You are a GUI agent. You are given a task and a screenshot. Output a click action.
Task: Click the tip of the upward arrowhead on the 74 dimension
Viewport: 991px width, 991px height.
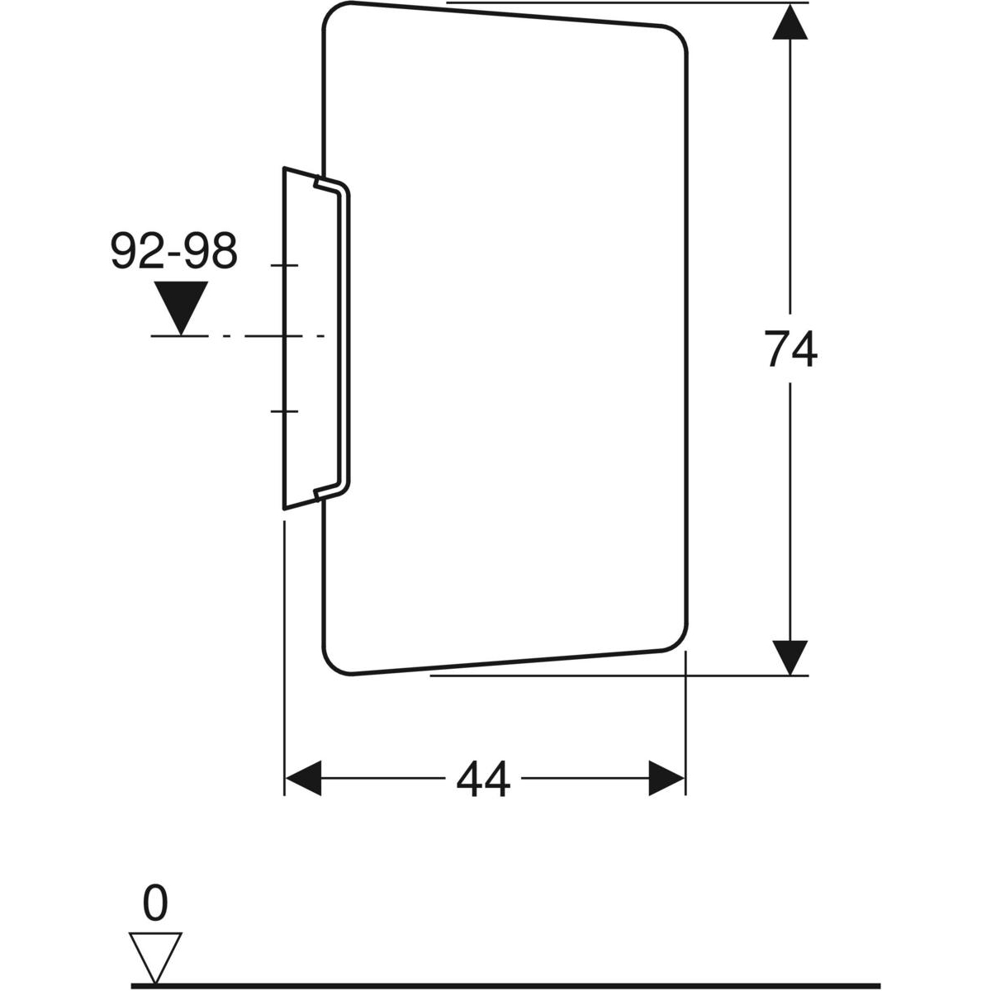tap(790, 4)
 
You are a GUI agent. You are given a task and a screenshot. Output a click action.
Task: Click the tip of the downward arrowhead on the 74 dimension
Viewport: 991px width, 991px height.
tap(790, 675)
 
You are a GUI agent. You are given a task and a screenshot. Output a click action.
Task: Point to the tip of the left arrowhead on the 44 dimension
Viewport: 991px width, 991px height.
tap(286, 778)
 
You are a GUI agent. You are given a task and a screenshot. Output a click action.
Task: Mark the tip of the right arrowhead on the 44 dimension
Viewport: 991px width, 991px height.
tap(685, 778)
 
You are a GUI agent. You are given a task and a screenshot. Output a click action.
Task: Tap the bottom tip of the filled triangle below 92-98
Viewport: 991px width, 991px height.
tap(181, 335)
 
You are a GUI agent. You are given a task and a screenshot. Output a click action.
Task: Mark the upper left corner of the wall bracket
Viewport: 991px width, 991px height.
tap(284, 168)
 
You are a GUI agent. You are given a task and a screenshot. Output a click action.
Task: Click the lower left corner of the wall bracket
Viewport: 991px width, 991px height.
tap(284, 510)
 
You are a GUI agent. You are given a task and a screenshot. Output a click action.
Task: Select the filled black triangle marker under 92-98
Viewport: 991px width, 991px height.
tap(181, 308)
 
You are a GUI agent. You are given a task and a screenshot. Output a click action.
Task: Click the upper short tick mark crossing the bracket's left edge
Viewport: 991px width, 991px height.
tap(284, 265)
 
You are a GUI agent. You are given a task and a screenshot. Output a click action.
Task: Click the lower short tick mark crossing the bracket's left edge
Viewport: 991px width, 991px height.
tap(284, 411)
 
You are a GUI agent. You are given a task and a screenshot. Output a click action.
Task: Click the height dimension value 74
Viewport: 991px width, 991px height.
tap(790, 349)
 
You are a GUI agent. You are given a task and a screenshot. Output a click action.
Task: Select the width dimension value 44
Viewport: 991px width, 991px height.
tap(483, 779)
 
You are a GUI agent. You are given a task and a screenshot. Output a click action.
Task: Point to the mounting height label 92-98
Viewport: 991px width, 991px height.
tap(174, 250)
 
